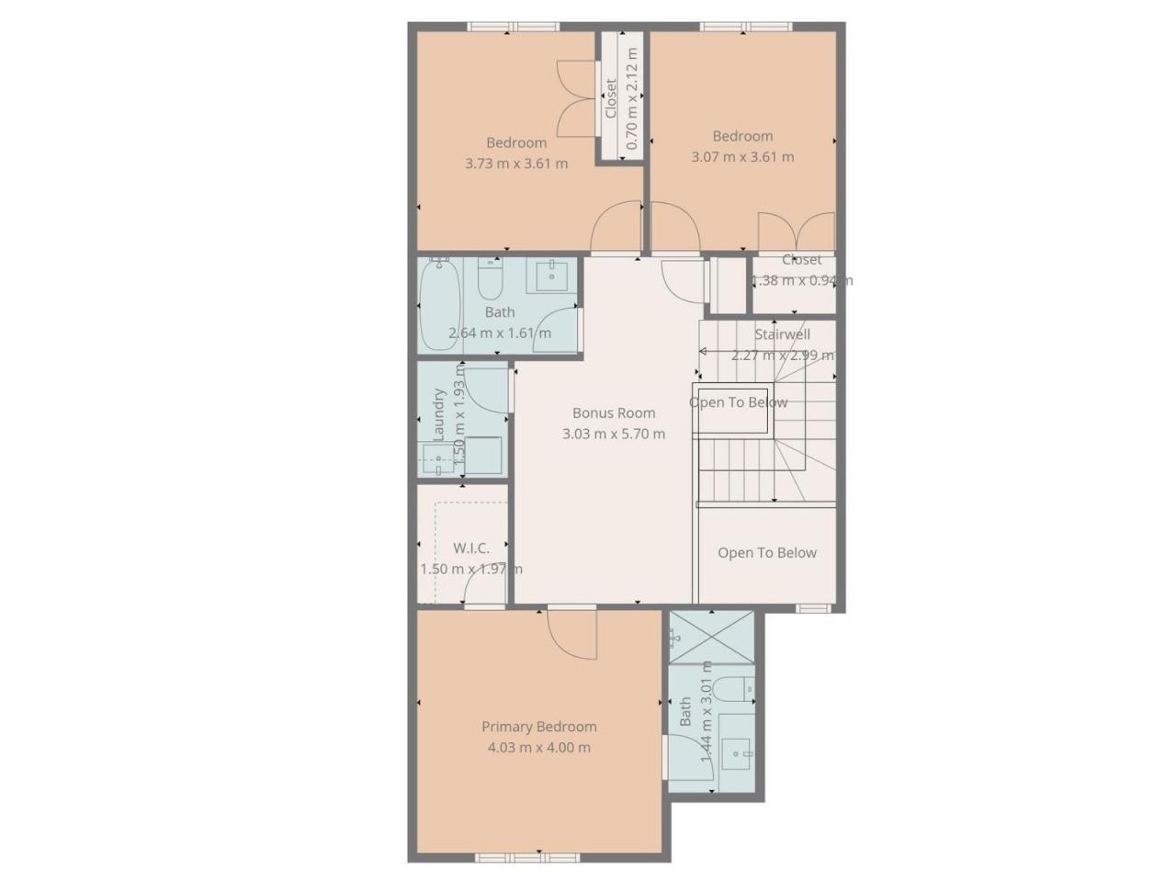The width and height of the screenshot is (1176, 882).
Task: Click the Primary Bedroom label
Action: pyautogui.click(x=538, y=727)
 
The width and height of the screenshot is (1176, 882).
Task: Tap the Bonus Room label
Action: pyautogui.click(x=614, y=413)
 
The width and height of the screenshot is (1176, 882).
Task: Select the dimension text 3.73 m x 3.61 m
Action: pyautogui.click(x=516, y=164)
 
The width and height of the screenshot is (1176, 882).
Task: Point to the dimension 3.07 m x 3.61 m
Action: pyautogui.click(x=742, y=157)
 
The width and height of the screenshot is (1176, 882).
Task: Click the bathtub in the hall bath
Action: pyautogui.click(x=439, y=305)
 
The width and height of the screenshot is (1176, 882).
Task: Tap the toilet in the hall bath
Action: pyautogui.click(x=489, y=279)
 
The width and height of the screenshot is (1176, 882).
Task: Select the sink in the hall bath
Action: pyautogui.click(x=551, y=276)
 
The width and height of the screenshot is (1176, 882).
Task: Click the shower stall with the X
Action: pyautogui.click(x=711, y=638)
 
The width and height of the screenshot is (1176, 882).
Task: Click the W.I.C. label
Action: pyautogui.click(x=471, y=548)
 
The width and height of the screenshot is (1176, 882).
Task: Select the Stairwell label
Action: pyautogui.click(x=782, y=334)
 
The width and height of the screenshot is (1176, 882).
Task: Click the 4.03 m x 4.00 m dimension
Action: pyautogui.click(x=538, y=747)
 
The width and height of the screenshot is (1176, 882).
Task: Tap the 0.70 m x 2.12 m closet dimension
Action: pyautogui.click(x=632, y=98)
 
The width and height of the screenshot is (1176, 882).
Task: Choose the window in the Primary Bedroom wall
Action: pyautogui.click(x=527, y=857)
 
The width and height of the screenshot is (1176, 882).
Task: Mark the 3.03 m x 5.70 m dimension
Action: pyautogui.click(x=614, y=434)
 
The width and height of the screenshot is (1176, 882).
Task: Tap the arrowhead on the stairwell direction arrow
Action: pyautogui.click(x=703, y=351)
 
